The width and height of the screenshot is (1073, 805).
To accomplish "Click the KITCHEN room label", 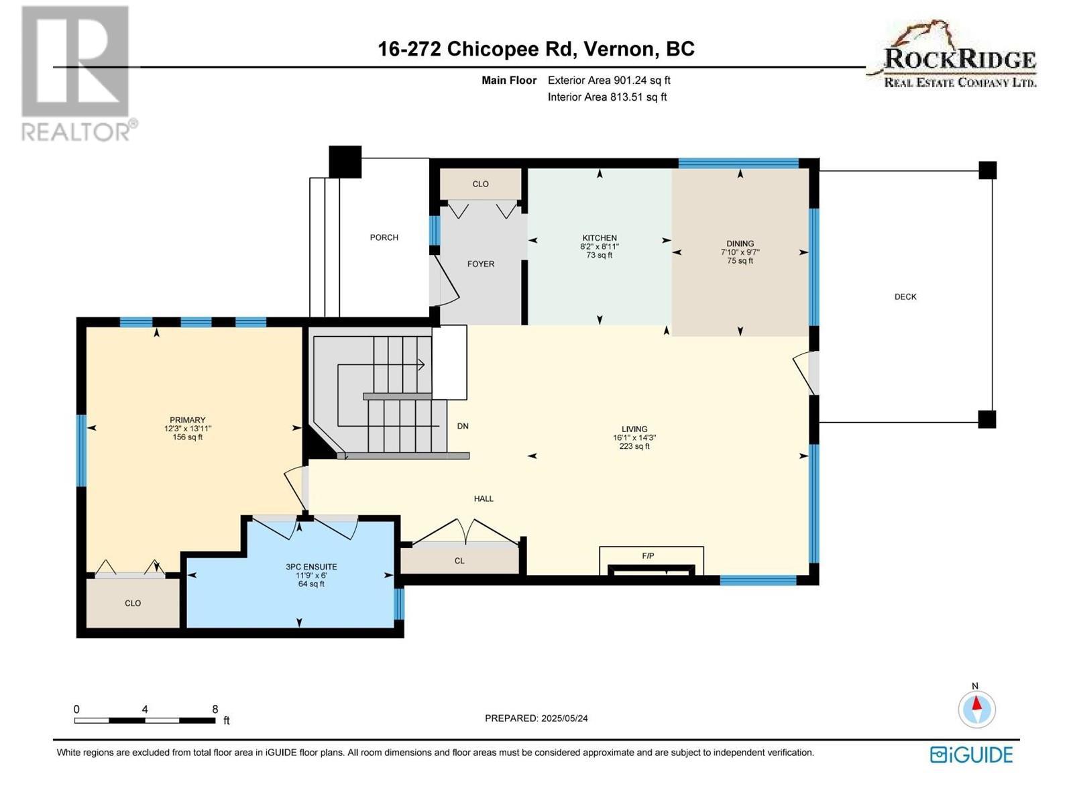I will click(x=599, y=238).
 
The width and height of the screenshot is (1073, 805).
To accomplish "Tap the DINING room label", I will click(x=740, y=244).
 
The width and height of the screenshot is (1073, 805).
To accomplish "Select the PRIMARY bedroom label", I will click(x=187, y=420).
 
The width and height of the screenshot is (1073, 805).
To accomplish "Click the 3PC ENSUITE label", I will click(x=311, y=567).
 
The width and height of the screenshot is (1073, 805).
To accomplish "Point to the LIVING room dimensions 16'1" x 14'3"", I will click(x=634, y=437).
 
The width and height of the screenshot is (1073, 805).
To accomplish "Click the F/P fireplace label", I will click(x=648, y=556).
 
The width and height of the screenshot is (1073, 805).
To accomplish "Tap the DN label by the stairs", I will click(x=463, y=426).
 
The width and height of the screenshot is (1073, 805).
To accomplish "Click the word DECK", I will click(x=905, y=297).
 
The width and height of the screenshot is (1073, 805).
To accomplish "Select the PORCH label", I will click(x=384, y=237).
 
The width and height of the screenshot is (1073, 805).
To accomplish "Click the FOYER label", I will click(x=481, y=264).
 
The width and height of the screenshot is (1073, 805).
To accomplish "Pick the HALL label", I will click(x=484, y=498).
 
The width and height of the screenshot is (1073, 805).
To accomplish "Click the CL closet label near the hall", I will click(x=459, y=561).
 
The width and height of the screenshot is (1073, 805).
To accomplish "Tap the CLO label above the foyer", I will click(x=480, y=184).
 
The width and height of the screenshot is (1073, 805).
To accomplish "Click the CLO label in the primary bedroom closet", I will click(x=133, y=603).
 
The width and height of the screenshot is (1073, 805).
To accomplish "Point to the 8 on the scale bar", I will click(x=215, y=709).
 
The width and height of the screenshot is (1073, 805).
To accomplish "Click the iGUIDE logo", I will click(x=971, y=755).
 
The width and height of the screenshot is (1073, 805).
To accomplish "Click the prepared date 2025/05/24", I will click(x=564, y=718).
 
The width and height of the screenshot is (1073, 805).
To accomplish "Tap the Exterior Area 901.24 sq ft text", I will click(x=609, y=80).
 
